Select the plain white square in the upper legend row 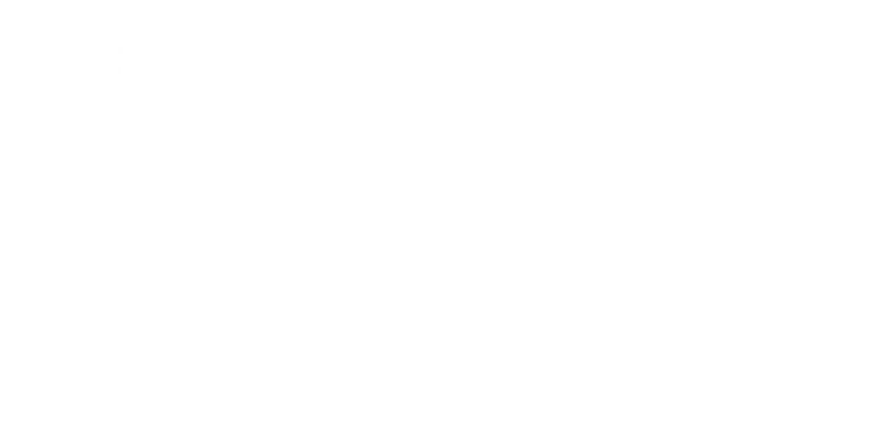pyautogui.click(x=220, y=307)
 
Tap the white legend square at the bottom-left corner pyautogui.click(x=33, y=401)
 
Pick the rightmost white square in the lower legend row pyautogui.click(x=401, y=401)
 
